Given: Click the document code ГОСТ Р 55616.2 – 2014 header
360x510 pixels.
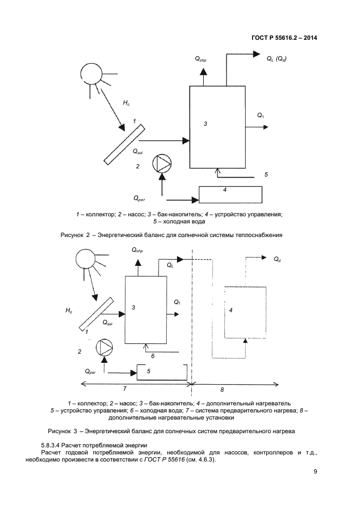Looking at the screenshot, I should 285,38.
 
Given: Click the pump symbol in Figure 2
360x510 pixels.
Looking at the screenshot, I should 162,163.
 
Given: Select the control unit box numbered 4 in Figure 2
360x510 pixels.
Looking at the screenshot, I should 230,195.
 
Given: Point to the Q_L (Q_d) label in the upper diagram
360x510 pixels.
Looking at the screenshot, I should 277,58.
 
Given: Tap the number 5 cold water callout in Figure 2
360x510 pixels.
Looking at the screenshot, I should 266,174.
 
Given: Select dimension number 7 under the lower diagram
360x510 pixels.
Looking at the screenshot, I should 125,389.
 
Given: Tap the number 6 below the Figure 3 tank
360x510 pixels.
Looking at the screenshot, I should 153,356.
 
